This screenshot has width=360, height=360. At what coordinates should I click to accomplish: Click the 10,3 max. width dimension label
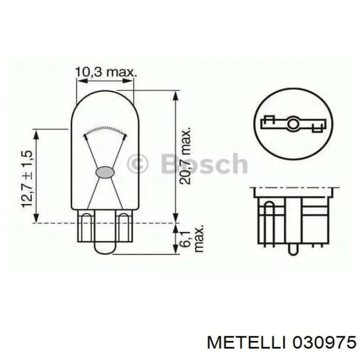click(x=106, y=73)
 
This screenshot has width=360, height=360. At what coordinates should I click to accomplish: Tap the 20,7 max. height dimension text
click(x=186, y=155)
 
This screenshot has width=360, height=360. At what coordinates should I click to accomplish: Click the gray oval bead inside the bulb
click(x=105, y=172)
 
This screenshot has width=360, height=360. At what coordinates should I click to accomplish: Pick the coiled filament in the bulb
click(x=105, y=131)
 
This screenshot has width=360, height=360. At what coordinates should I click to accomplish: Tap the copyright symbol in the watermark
click(x=137, y=164)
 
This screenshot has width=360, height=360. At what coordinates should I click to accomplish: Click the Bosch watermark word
click(x=204, y=163)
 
